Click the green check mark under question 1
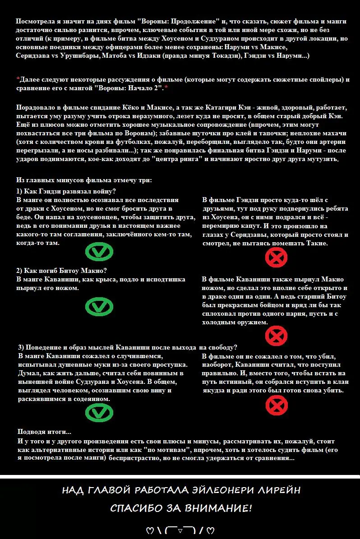[99, 252]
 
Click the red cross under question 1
[276, 258]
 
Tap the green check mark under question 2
[99, 307]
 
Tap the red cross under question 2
[276, 335]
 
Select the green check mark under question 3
[99, 411]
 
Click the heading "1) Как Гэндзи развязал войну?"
[66, 191]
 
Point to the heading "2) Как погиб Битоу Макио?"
[61, 271]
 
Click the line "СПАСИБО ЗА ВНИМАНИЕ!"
[181, 508]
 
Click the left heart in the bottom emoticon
[150, 530]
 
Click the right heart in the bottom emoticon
[210, 530]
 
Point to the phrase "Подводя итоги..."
[44, 431]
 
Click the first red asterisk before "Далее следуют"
[18, 79]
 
